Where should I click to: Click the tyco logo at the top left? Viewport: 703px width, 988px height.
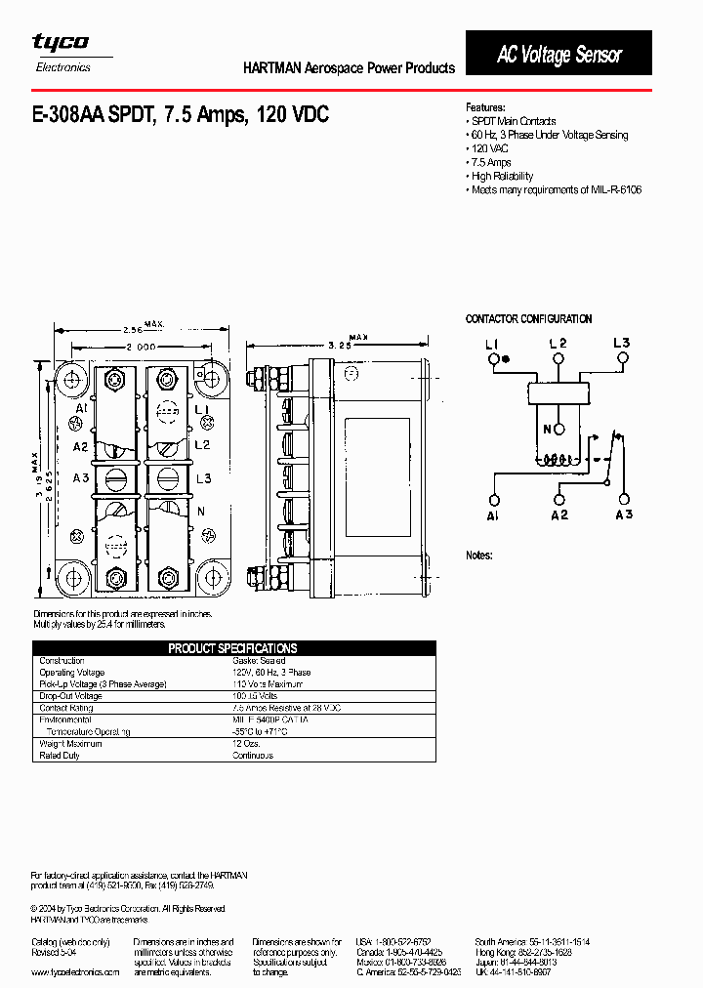click(61, 42)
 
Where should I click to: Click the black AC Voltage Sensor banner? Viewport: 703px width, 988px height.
click(558, 55)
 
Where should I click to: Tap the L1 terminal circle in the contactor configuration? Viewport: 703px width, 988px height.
click(492, 359)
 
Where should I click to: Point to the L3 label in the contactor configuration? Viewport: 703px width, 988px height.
click(622, 343)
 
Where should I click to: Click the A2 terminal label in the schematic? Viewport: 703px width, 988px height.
click(558, 515)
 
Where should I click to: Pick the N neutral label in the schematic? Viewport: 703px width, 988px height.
click(548, 430)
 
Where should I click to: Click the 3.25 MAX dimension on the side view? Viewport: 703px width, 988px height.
click(341, 345)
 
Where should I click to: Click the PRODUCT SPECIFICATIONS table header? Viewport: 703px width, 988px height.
click(232, 648)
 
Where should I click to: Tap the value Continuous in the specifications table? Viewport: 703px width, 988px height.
click(253, 756)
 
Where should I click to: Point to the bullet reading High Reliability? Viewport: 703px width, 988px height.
click(502, 176)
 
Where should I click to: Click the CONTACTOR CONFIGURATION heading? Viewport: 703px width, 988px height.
click(528, 319)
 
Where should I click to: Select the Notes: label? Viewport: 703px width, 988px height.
click(478, 555)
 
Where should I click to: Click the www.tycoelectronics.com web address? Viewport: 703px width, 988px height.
click(75, 972)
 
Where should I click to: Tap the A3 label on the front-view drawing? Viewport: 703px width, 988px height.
click(79, 477)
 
